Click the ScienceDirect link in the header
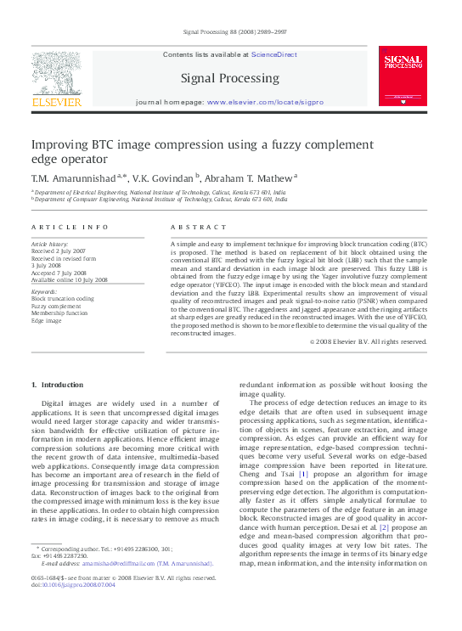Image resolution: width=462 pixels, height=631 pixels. tap(273, 54)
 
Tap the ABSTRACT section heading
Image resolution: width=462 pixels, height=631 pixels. tap(199, 228)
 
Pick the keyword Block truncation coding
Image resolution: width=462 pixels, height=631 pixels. tap(63, 299)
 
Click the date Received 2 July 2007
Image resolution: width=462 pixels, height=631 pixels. tap(59, 252)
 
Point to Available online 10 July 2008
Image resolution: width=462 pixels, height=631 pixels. tap(69, 279)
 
